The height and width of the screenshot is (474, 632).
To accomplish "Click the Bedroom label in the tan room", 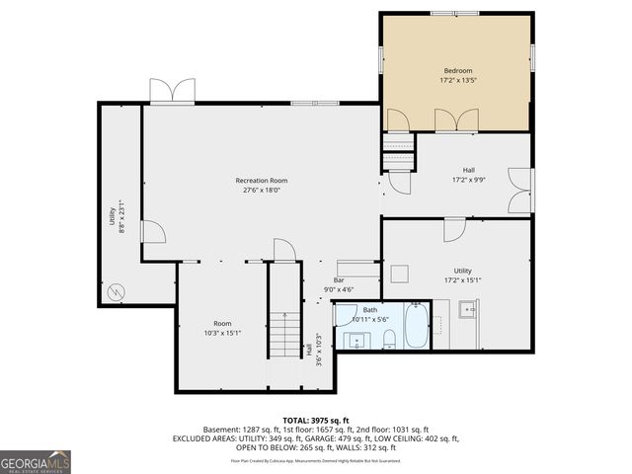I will tap(457, 70).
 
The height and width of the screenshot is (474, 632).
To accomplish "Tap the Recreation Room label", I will tap(261, 180).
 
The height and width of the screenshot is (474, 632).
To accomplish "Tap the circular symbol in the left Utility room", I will tap(117, 291).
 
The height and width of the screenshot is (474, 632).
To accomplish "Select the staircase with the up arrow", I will tap(283, 333).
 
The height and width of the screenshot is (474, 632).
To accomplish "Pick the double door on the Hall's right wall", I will tap(519, 190).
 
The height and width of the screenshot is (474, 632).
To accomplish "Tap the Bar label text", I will tap(338, 280).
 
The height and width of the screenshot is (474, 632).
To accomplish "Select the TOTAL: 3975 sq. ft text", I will tap(315, 421).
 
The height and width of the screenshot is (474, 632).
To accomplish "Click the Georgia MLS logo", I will tap(36, 460).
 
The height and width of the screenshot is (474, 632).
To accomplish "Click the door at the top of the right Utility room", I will tap(454, 229).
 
